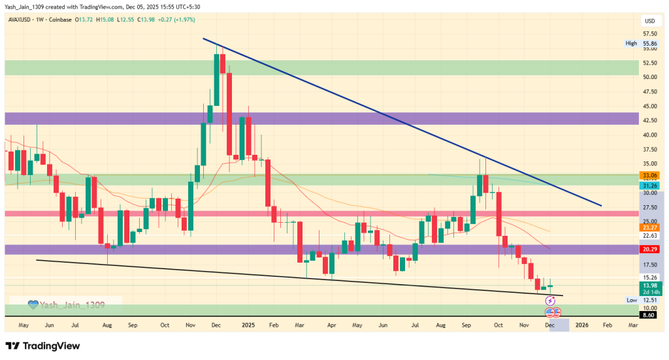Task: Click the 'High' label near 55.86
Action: [x=630, y=44]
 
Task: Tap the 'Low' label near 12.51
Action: [x=631, y=300]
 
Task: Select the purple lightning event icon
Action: [x=550, y=301]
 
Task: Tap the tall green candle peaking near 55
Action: [x=216, y=78]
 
